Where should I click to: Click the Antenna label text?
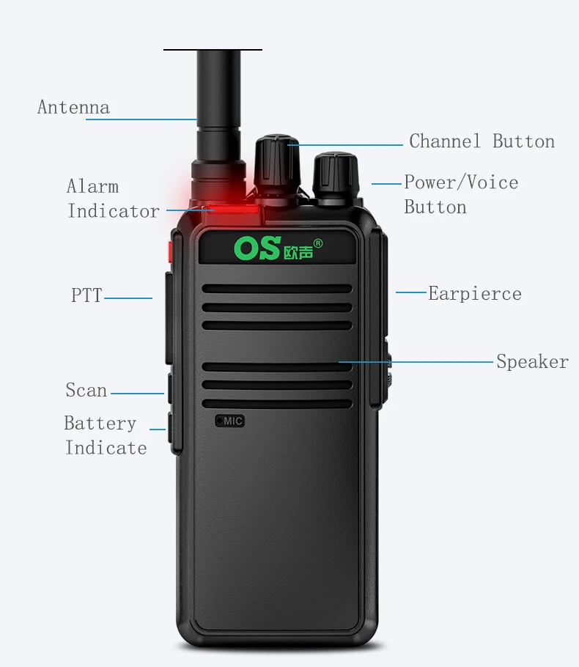(73, 108)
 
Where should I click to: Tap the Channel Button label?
(482, 141)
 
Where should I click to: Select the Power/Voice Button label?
(460, 194)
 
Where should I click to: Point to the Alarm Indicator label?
(113, 199)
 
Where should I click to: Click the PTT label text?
(86, 296)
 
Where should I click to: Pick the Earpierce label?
(475, 294)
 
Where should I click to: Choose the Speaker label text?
(532, 362)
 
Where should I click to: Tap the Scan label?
(86, 391)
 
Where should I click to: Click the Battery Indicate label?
(106, 435)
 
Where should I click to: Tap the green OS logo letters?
(257, 248)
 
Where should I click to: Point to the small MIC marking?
(230, 421)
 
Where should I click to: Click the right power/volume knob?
(334, 176)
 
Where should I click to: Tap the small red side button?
(170, 249)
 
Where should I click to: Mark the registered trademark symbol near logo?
(318, 243)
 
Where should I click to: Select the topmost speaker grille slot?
(277, 289)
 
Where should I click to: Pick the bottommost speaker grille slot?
(277, 404)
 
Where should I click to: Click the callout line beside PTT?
(128, 298)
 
